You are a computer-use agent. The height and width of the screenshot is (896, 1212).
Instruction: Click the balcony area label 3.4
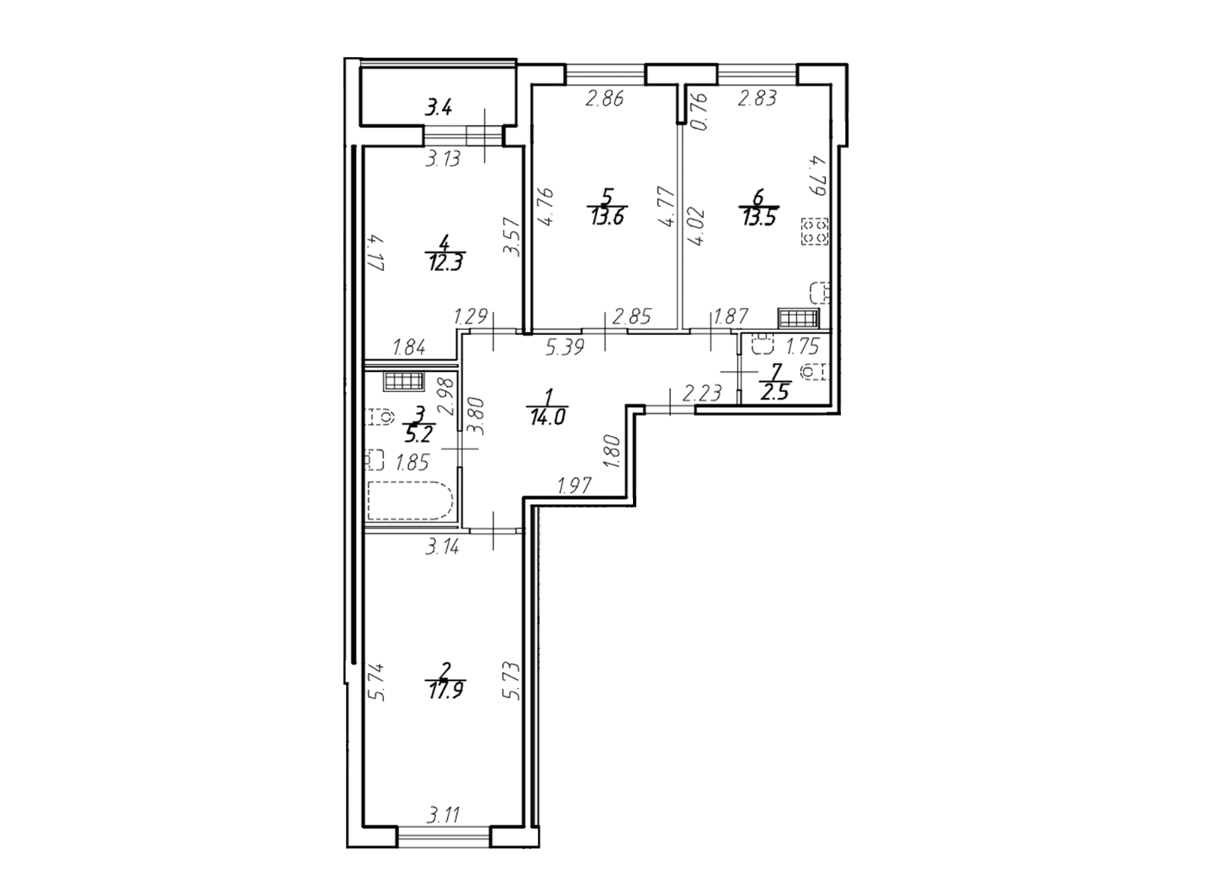(439, 109)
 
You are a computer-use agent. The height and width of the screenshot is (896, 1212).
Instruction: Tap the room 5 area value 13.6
(607, 216)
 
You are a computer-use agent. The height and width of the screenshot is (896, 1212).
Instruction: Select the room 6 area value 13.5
(758, 217)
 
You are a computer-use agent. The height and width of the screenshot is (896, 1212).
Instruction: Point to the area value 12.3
(445, 263)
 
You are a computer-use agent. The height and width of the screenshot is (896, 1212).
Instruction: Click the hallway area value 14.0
(548, 417)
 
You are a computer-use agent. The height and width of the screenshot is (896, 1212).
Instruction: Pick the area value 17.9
(445, 691)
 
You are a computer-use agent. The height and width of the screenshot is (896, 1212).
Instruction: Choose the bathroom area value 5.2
(418, 434)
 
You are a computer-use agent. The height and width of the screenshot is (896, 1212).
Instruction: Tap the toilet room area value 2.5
(775, 392)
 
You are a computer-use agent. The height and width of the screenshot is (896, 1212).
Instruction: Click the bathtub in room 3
(411, 501)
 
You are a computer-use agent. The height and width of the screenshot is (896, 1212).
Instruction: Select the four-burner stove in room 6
(814, 231)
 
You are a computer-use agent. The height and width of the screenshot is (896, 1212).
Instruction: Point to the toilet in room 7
(815, 372)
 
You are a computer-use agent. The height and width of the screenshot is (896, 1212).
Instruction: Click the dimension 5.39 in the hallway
(565, 347)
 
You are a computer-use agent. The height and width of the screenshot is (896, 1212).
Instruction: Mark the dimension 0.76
(700, 111)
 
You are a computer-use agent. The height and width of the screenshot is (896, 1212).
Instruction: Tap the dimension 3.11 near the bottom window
(444, 816)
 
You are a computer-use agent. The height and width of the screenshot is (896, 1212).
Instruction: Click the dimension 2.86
(604, 99)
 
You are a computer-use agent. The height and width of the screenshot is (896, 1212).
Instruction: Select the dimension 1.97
(574, 485)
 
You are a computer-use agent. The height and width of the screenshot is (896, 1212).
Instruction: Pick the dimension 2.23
(703, 393)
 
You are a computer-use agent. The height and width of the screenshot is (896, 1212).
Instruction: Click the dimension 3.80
(476, 416)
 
